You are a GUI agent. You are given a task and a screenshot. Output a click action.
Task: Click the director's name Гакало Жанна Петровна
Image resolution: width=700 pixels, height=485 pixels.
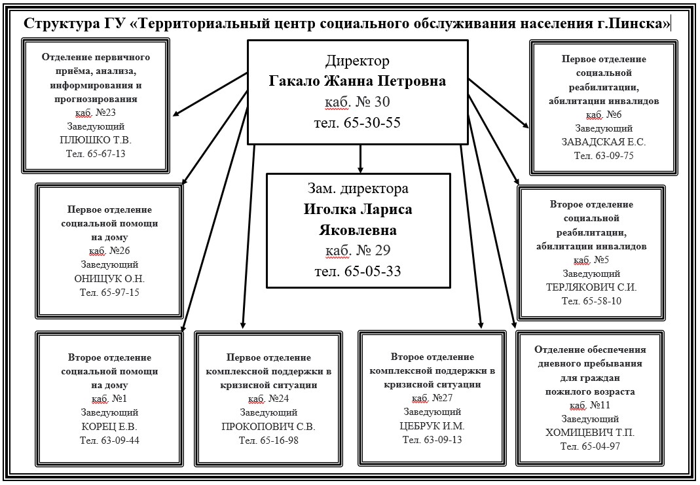pyautogui.click(x=357, y=82)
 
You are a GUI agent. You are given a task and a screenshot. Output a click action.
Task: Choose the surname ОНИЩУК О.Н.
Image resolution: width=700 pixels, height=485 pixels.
pyautogui.click(x=109, y=278)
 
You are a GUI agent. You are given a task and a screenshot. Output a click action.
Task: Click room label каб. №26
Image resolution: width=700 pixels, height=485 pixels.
pyautogui.click(x=109, y=251)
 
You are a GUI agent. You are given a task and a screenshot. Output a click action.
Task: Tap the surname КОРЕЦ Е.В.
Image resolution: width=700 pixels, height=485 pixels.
pyautogui.click(x=109, y=427)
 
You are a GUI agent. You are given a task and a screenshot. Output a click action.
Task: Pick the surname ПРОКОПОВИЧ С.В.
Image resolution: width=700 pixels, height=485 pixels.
pyautogui.click(x=268, y=427)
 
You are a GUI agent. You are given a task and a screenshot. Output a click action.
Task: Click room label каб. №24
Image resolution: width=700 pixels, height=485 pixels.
pyautogui.click(x=268, y=399)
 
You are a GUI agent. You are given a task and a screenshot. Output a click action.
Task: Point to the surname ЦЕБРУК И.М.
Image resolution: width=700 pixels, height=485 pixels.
pyautogui.click(x=432, y=425)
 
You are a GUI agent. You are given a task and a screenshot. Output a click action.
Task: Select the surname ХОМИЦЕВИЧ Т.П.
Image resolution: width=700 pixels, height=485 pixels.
pyautogui.click(x=590, y=433)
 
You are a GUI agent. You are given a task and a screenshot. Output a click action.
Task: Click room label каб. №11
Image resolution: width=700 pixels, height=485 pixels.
pyautogui.click(x=590, y=405)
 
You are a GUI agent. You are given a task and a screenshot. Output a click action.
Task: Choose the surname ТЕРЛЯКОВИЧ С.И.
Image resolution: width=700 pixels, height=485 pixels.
pyautogui.click(x=591, y=287)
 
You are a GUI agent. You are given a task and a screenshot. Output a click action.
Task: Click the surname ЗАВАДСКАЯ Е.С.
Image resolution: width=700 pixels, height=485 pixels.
pyautogui.click(x=604, y=141)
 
